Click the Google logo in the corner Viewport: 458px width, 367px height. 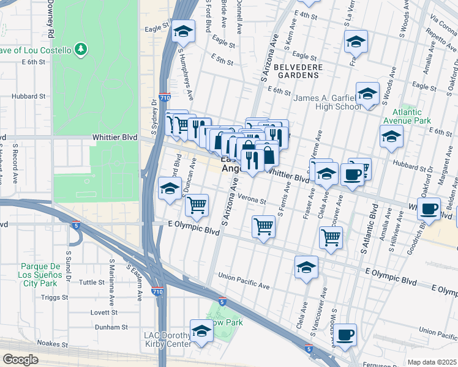[20, 359]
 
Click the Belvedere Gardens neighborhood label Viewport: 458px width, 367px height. [296, 70]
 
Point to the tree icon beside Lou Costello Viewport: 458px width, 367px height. [80, 48]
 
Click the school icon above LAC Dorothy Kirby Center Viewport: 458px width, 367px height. [201, 332]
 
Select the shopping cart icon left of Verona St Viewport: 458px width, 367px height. [197, 206]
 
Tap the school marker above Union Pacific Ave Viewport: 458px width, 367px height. [306, 267]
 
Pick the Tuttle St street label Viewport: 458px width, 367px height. [92, 282]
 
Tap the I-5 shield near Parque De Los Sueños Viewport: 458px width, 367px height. [75, 225]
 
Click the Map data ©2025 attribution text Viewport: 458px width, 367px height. [431, 362]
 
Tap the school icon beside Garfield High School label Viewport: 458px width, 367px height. [367, 94]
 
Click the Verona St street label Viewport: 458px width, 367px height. [252, 201]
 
